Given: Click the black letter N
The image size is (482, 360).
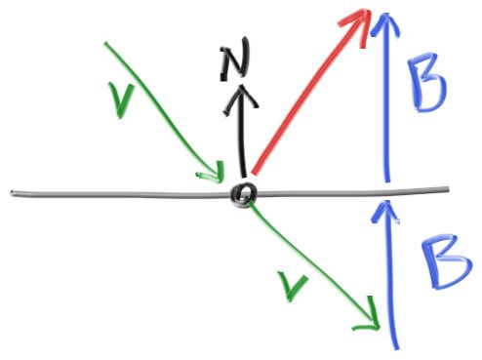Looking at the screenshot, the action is [x=235, y=59].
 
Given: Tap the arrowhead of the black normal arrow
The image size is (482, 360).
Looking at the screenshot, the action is [x=241, y=100].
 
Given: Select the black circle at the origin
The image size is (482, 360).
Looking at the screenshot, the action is [x=244, y=194].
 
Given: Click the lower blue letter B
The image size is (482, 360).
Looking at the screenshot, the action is [x=446, y=261].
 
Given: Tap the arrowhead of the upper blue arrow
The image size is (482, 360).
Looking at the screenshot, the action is [x=386, y=23].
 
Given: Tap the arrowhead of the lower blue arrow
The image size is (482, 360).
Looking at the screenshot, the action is [x=386, y=211].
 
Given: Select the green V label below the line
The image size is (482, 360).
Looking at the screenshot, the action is [x=292, y=286].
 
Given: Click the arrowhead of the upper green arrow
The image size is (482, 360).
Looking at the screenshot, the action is [x=213, y=173].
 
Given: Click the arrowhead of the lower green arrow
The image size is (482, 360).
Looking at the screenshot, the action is [x=369, y=315].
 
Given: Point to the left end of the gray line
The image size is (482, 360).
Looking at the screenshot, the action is [x=12, y=193].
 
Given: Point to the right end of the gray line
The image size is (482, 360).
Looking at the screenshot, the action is [x=448, y=189].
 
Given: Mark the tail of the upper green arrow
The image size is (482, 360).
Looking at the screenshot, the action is [x=105, y=44].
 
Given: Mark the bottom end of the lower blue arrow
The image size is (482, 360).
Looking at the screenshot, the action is [x=396, y=348].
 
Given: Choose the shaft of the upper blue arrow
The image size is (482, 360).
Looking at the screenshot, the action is [x=386, y=98].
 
